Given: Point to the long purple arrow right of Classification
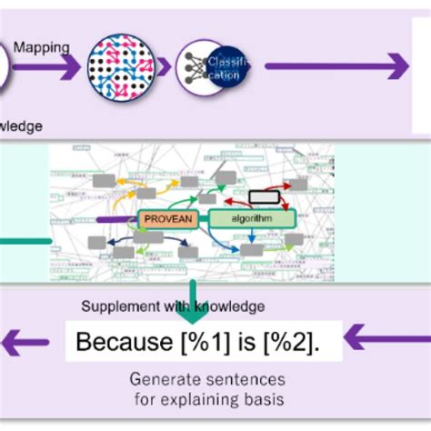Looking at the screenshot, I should point(336,66).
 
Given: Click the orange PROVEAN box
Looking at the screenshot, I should point(169,218).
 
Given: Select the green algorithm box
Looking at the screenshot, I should point(253,218).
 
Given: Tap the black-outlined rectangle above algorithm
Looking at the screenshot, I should point(265,195).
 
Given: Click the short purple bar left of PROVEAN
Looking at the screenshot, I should point(115,219).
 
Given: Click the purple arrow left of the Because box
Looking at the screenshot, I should point(27,342).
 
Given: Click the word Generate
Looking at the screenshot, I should point(163,378).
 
